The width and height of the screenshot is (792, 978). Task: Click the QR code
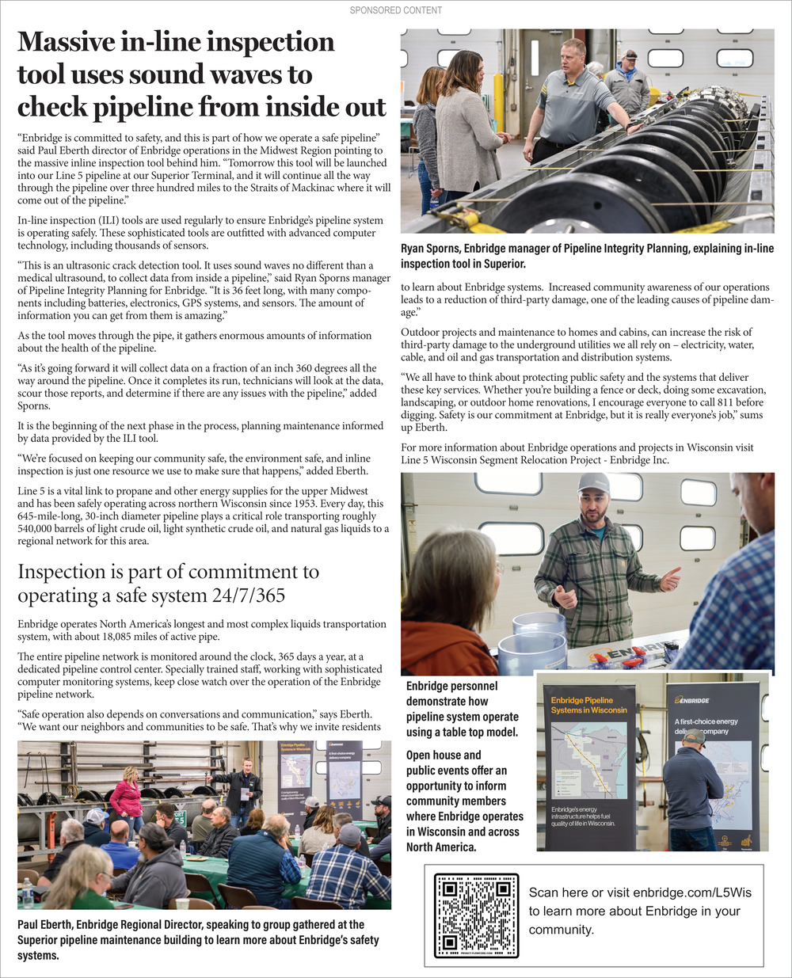(476, 915)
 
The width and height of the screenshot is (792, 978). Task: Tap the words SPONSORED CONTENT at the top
(396, 10)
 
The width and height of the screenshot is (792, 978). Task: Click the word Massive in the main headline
(70, 42)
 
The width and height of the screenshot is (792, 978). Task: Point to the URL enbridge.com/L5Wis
(692, 892)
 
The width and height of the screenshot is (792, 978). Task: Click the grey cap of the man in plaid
(593, 482)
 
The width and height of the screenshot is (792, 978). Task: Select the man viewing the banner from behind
(692, 792)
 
